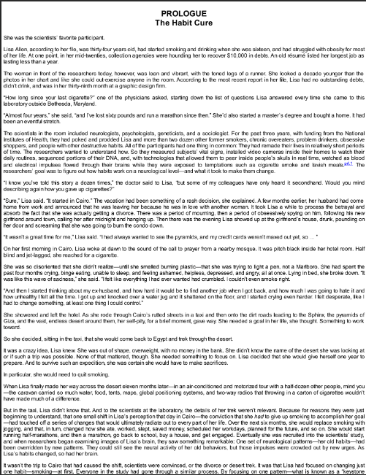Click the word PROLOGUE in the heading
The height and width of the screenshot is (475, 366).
[x=183, y=13]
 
